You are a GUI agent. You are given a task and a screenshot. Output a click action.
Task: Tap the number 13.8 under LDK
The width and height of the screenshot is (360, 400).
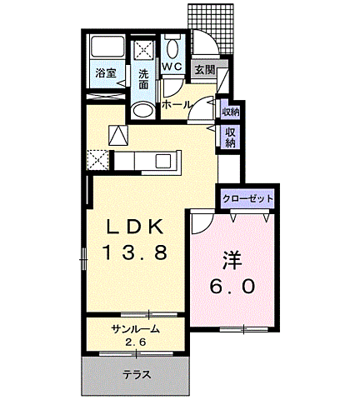(x=138, y=250)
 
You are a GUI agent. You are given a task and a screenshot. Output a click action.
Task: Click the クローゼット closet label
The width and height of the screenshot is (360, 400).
(x=247, y=199)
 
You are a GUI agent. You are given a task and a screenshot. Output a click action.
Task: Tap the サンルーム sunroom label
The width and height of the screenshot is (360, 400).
(x=136, y=329)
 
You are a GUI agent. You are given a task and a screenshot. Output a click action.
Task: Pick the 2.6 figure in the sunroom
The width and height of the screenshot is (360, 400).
(x=136, y=342)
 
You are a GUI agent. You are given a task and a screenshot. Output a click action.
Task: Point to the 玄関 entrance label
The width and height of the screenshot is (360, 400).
(x=204, y=70)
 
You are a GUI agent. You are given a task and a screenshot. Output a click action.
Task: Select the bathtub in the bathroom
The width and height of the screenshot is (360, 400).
(x=107, y=47)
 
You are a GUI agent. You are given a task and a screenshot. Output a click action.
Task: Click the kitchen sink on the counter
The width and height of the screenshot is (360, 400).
(x=161, y=159)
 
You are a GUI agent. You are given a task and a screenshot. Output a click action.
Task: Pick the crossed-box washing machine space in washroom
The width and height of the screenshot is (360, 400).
(x=143, y=48)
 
